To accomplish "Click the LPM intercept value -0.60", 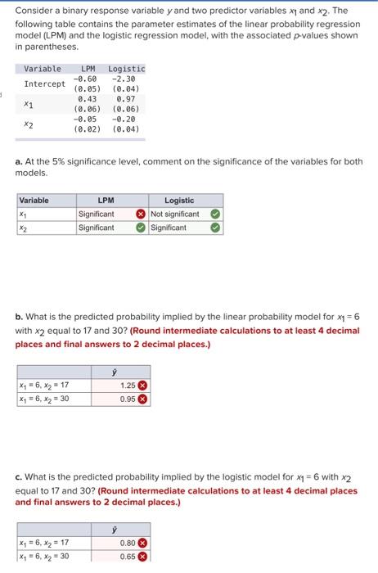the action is tap(87, 79).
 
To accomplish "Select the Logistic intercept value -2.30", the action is tap(123, 79).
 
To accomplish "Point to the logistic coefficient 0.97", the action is tap(125, 98).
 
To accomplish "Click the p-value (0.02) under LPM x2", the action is tap(87, 129).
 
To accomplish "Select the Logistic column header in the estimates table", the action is tap(126, 69).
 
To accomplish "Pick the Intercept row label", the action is tap(44, 83).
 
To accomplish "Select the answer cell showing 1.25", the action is tap(127, 385).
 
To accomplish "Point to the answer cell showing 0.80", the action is tap(127, 542).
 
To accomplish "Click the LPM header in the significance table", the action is tap(106, 200).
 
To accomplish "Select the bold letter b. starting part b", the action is tap(19, 314).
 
